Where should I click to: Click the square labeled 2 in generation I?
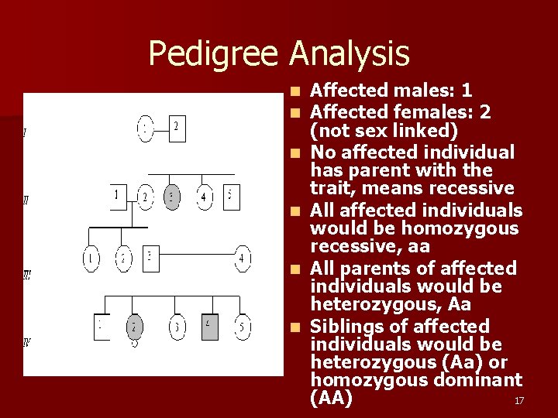point(177,128)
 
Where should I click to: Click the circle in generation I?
point(145,128)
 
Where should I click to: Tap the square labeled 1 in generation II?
point(117,196)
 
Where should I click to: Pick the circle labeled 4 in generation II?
point(204,197)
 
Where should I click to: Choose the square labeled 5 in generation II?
point(231,197)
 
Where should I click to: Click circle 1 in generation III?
point(91,259)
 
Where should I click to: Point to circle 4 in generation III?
point(243,259)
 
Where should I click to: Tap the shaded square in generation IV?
point(210,327)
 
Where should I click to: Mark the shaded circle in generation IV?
point(135,327)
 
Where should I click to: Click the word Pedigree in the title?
point(215,54)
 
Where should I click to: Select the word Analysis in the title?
point(350,54)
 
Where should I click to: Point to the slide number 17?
point(519,400)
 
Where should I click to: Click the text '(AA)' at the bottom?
point(331,398)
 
